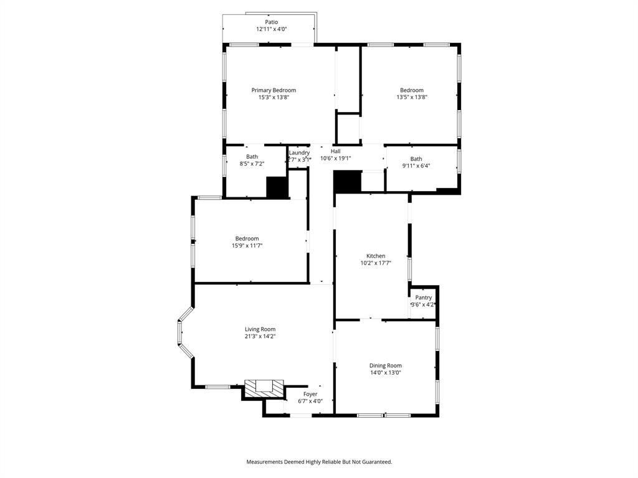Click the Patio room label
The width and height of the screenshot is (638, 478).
(x=271, y=22)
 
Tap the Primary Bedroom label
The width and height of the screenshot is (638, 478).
(x=274, y=90)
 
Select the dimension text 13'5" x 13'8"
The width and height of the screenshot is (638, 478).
(x=412, y=97)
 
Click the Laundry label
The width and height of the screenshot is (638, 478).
(x=299, y=152)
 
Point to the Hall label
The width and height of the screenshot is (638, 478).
(x=336, y=151)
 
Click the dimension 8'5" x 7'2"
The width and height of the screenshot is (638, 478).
(x=252, y=164)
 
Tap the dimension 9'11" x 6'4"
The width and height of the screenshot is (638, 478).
(x=416, y=166)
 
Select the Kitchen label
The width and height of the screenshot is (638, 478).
(x=376, y=256)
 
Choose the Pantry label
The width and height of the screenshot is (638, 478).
(x=424, y=298)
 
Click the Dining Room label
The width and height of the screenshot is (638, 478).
(x=386, y=365)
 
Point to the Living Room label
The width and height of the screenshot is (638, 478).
(x=260, y=329)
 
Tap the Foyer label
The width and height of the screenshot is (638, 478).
(x=310, y=394)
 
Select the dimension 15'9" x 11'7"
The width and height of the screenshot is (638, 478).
(x=247, y=246)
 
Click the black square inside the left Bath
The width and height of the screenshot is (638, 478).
(x=276, y=187)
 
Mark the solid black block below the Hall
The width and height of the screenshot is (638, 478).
(x=347, y=181)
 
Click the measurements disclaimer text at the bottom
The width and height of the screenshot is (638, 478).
(x=319, y=462)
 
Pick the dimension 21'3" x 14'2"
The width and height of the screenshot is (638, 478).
(x=260, y=337)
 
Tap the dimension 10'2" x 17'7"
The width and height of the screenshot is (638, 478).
(x=376, y=263)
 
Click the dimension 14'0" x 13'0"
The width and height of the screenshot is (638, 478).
(x=386, y=373)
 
